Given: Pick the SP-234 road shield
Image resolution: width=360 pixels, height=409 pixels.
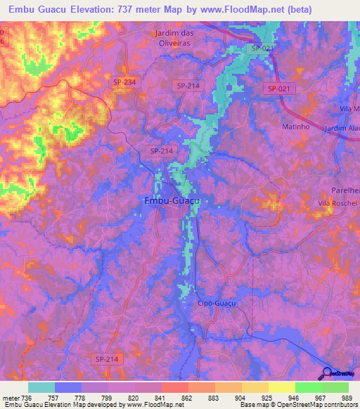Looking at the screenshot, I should point(124,83).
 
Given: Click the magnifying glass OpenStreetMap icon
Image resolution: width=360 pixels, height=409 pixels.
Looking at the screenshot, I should point(328,373).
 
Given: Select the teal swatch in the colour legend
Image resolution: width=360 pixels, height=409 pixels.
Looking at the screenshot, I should point(41,387).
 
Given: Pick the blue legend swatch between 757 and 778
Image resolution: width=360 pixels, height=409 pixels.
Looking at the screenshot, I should point(68,387).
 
